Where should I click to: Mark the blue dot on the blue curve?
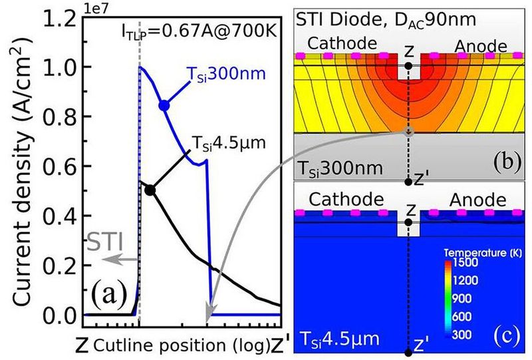(164, 105)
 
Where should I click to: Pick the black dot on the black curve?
(150, 190)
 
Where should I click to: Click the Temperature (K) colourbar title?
(476, 254)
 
